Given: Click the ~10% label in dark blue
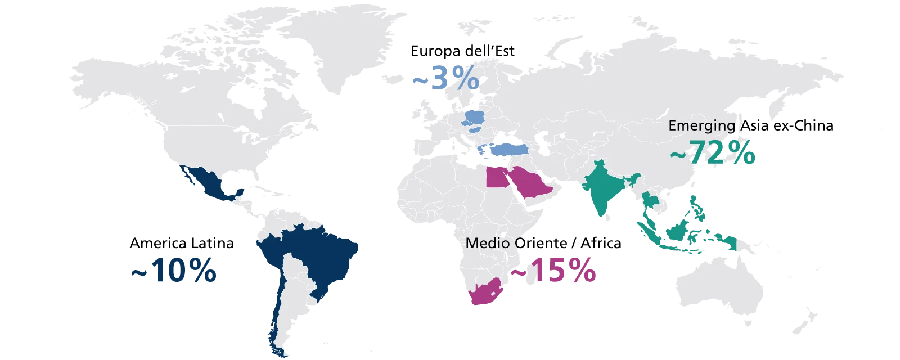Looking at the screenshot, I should [x=173, y=271].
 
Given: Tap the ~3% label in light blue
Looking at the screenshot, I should [x=445, y=78].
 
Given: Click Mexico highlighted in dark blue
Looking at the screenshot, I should [x=211, y=183].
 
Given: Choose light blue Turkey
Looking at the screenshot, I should [x=509, y=149].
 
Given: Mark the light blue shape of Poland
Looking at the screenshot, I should [x=475, y=118].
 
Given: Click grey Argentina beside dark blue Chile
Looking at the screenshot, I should [x=292, y=304].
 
